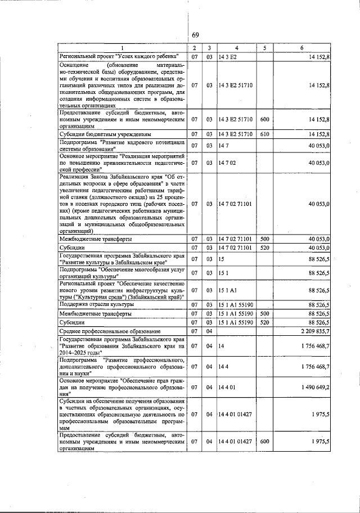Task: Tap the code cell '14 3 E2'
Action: coord(227,56)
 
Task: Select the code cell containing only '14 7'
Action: coord(224,146)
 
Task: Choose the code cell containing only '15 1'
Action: coord(224,273)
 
